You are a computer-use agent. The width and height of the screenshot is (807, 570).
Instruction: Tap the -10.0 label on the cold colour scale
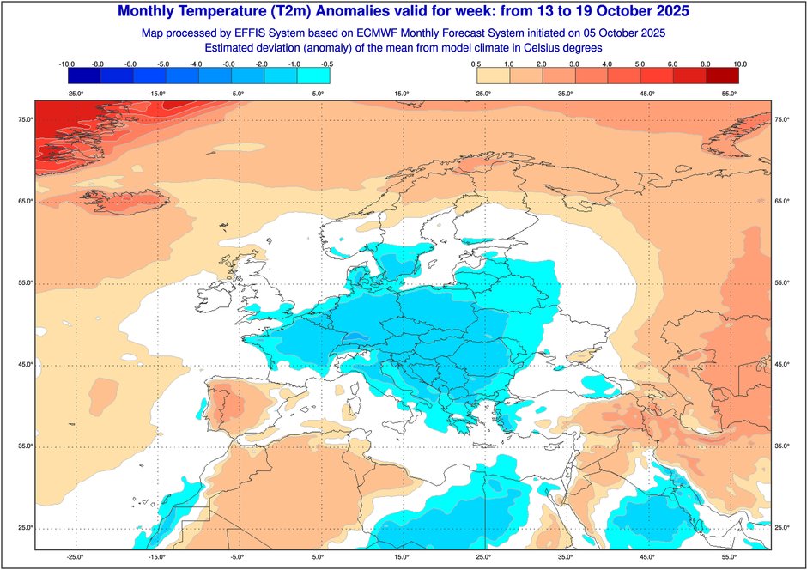click(x=67, y=64)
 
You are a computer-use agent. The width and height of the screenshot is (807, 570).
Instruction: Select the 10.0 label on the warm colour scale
click(x=739, y=64)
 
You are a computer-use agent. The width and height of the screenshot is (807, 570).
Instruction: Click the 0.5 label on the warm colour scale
click(x=476, y=64)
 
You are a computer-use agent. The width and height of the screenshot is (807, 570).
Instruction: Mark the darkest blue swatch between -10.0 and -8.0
click(x=83, y=76)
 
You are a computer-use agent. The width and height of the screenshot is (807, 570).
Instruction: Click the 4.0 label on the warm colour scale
click(x=608, y=64)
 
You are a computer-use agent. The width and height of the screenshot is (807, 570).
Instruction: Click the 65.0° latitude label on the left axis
click(x=25, y=201)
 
